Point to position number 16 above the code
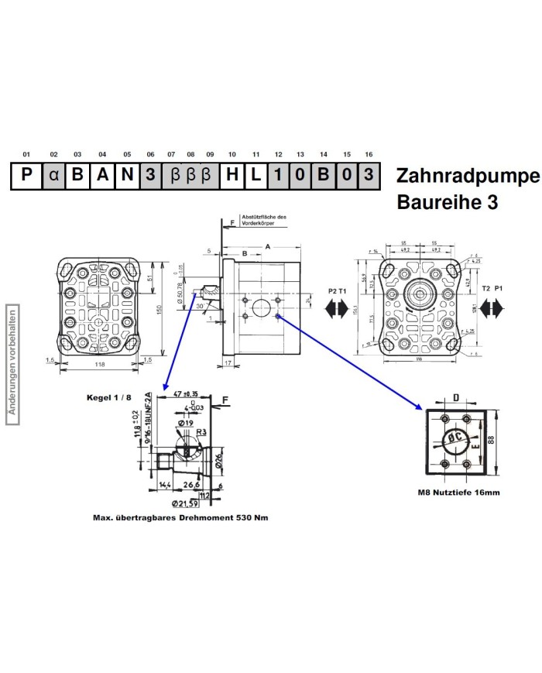369,155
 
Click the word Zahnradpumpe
467,175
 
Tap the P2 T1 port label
337,289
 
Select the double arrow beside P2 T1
336,308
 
